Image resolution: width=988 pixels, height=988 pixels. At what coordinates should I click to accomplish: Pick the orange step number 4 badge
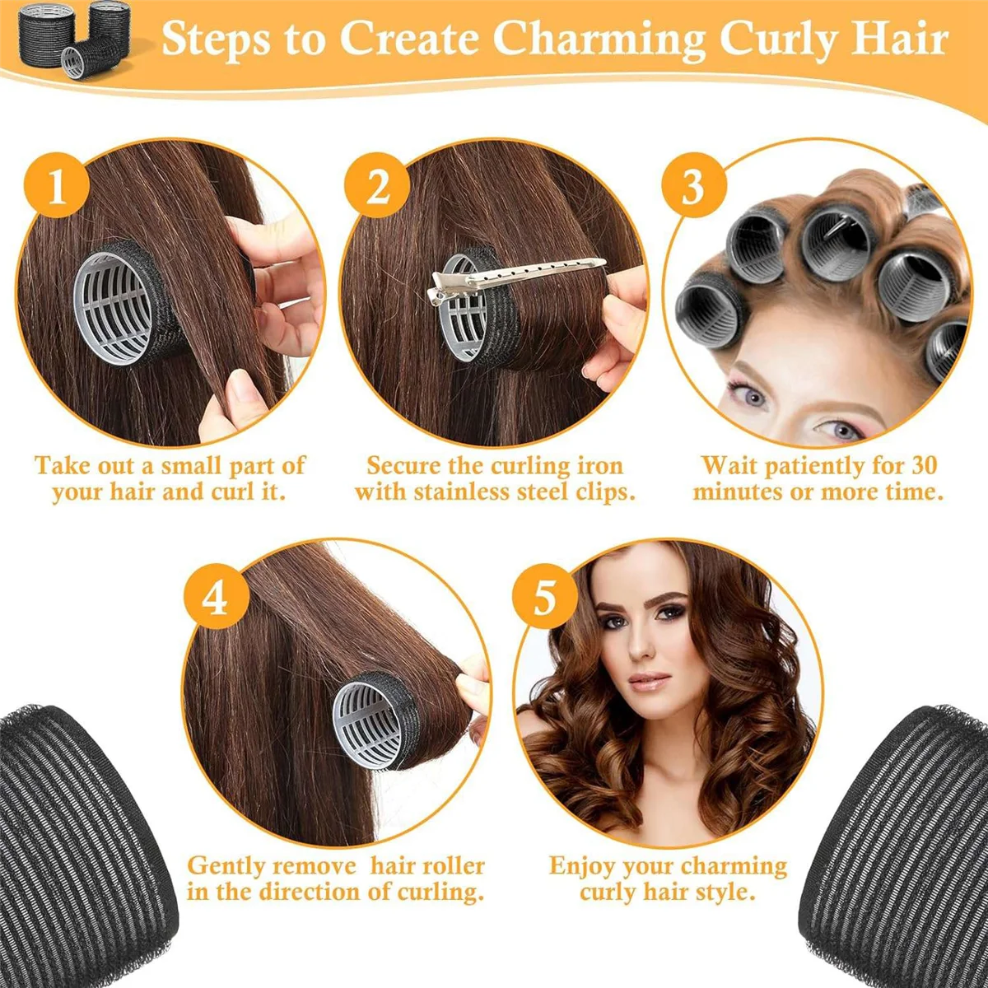[x=215, y=595]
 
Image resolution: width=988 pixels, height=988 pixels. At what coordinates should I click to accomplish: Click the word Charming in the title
[x=604, y=39]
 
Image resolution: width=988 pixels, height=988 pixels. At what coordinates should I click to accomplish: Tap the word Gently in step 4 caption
[x=226, y=866]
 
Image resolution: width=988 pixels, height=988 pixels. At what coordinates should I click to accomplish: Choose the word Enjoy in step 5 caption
[x=583, y=866]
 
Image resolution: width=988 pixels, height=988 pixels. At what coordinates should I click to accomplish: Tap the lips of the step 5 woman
[x=650, y=681]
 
